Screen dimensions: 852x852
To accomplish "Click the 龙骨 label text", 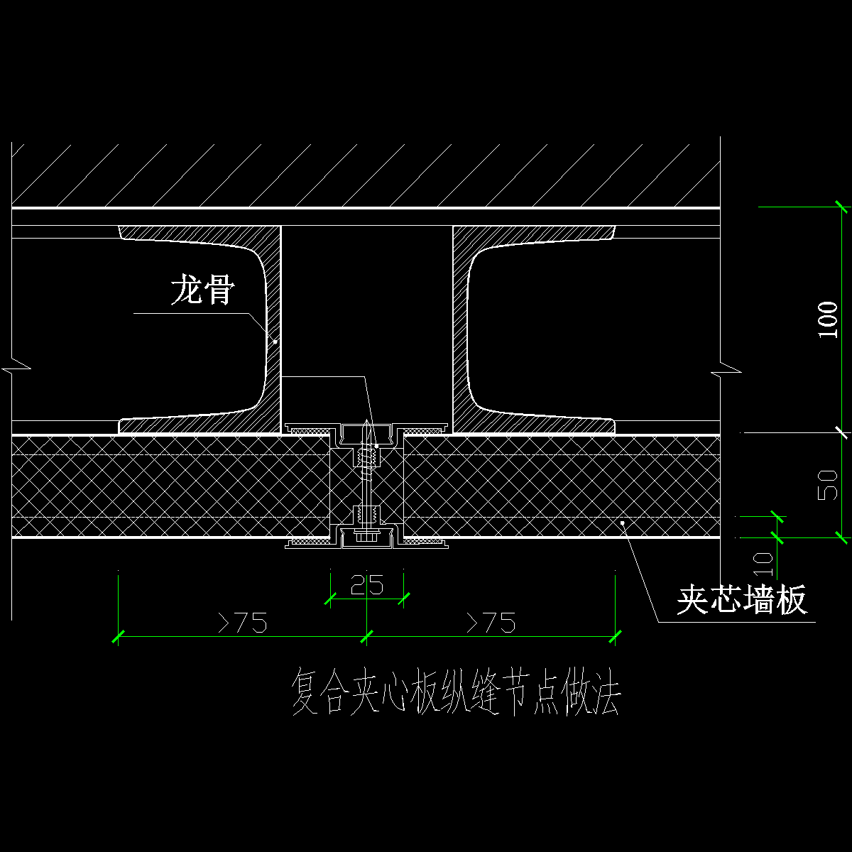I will point(202,290).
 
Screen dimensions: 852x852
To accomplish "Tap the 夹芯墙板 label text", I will point(742,601).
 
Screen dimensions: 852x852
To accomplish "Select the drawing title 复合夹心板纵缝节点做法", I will point(456,694).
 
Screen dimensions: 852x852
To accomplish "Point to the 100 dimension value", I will point(828,319).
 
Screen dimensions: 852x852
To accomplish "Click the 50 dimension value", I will point(828,484).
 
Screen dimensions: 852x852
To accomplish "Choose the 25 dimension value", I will point(366,586).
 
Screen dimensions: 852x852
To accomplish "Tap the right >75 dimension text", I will point(491,623).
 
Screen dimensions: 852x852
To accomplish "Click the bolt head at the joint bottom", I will point(366,537).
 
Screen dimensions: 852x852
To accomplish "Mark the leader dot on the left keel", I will point(275,342).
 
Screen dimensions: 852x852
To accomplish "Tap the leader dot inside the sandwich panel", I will point(623,523).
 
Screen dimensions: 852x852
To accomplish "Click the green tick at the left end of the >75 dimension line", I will point(118,636).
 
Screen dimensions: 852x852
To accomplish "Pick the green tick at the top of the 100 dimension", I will point(841,207).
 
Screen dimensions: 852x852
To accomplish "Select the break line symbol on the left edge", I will point(16,369).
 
